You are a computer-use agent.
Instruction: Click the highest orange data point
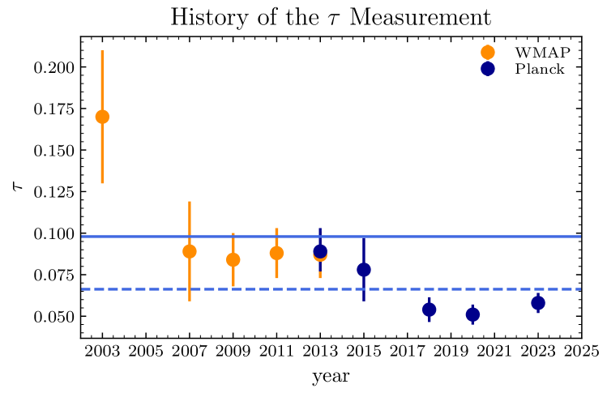(102, 117)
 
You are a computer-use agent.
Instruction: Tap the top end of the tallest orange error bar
(102, 51)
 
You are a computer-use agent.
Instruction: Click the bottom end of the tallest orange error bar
(102, 183)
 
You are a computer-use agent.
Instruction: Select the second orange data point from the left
(190, 251)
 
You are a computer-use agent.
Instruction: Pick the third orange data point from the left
(233, 259)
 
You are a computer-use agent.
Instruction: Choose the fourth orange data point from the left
(276, 253)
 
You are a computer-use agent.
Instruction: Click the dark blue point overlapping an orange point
(320, 250)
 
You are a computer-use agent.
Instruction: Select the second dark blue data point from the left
(364, 269)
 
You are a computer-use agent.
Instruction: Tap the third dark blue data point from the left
(430, 309)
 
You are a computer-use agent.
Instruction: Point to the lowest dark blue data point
(472, 314)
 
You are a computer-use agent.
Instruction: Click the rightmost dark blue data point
(538, 302)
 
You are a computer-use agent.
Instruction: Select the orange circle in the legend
(488, 53)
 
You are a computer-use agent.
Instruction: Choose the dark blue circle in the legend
(488, 69)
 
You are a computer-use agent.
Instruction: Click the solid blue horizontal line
(454, 237)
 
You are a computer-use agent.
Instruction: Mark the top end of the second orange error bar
(190, 202)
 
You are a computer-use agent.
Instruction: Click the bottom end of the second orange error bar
(190, 301)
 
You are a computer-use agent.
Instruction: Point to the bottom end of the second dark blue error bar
(364, 300)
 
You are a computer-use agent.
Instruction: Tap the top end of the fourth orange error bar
(276, 229)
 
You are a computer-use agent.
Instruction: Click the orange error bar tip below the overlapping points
(320, 278)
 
